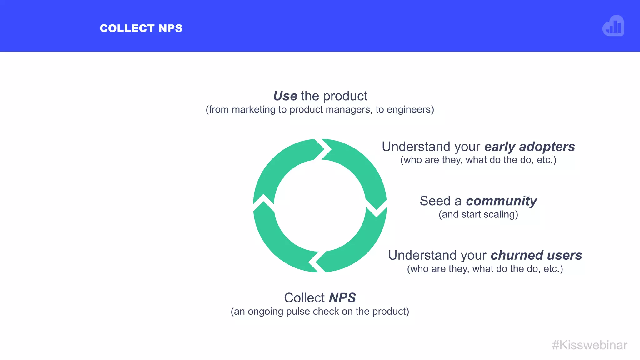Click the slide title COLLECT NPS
tap(141, 28)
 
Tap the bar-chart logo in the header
tap(613, 26)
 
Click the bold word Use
tap(285, 96)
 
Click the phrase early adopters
tap(530, 147)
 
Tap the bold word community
tap(502, 201)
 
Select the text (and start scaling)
tap(478, 215)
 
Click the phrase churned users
tap(536, 255)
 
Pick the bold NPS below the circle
tap(342, 298)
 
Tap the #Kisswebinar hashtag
tap(590, 345)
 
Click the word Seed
tap(435, 201)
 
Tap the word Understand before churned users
tap(437, 255)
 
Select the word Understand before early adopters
tap(431, 147)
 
